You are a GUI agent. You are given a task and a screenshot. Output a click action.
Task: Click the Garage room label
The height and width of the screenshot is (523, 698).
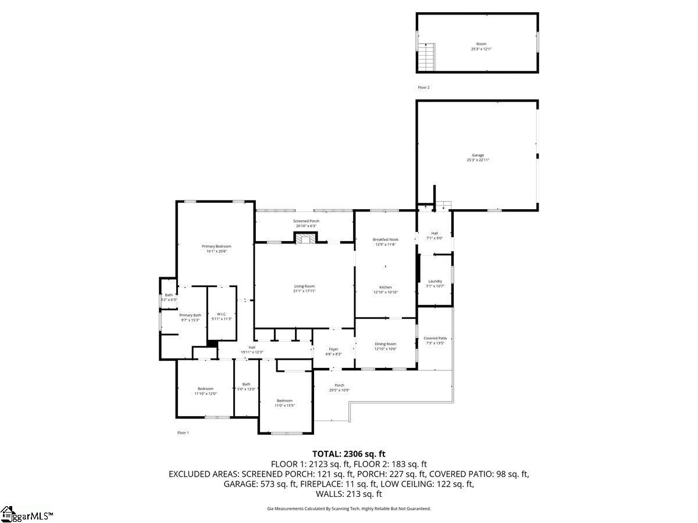[478, 155]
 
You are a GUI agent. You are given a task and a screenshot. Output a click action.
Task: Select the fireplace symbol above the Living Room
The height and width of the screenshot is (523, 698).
[305, 238]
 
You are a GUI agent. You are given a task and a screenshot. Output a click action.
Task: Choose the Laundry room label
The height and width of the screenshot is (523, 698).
[435, 281]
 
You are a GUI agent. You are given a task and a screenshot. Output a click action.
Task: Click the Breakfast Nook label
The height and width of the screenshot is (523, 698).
[385, 239]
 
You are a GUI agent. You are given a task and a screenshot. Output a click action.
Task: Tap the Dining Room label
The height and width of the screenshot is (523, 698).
[385, 344]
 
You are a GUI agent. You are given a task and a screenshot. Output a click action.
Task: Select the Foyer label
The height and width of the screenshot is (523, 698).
[333, 349]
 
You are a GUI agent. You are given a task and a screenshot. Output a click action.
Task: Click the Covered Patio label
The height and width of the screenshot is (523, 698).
[435, 338]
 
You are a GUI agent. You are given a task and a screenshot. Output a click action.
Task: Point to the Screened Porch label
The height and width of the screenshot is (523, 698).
[305, 221]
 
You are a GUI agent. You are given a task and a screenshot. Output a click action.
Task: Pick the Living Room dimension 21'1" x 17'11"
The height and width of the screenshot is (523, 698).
[304, 291]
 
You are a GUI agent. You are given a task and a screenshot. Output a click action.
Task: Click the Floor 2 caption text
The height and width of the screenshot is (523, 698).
[423, 87]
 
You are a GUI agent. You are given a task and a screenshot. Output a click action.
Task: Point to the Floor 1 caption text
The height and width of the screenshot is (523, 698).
[183, 432]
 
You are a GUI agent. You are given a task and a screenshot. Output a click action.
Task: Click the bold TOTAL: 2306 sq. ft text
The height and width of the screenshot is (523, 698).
[349, 454]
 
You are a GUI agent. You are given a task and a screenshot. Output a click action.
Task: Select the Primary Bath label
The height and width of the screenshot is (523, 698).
[190, 315]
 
